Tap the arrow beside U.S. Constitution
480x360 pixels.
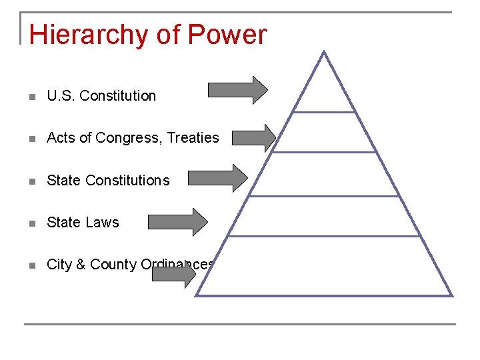pos(238,90)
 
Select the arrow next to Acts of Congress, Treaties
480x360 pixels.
pos(253,138)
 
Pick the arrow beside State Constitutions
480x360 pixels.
pos(217,178)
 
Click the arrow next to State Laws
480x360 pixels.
pos(178,222)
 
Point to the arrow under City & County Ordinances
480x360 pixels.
pos(174,277)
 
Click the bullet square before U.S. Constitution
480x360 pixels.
pos(32,97)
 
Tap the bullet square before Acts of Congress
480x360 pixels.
pos(32,139)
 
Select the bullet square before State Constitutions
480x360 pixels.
pos(32,181)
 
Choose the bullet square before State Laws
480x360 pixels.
pos(32,223)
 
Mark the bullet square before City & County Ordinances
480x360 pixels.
pos(32,265)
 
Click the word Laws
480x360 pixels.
pos(103,223)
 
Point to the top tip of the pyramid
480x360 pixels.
pos(323,53)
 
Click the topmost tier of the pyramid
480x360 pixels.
pos(323,90)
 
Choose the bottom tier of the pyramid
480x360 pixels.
pos(325,267)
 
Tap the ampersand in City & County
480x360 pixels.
pos(81,265)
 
